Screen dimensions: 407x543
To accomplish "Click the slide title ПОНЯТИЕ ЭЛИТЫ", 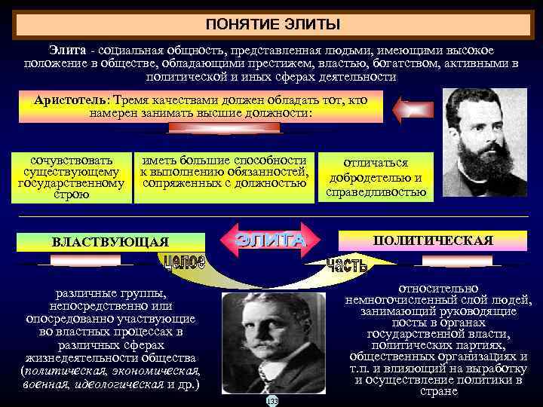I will tap(271, 24).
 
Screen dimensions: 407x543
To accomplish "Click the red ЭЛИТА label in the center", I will tap(271, 240).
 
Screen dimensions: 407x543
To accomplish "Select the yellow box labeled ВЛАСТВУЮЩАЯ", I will tap(110, 242).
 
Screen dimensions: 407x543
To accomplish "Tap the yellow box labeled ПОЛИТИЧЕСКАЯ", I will tap(433, 240).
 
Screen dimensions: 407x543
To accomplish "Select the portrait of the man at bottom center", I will tap(271, 344).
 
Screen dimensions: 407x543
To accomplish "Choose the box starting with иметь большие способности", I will tap(223, 171).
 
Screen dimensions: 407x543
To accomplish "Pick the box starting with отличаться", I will tap(376, 178).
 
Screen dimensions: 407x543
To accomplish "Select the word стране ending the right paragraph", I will tap(440, 391).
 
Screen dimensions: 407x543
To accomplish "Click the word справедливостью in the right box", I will tap(376, 192).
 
